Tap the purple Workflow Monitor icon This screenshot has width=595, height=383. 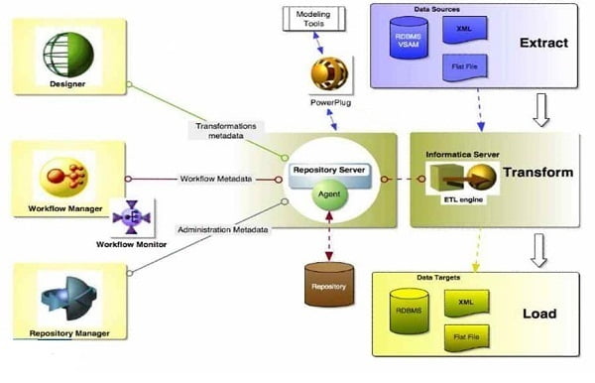pyautogui.click(x=129, y=217)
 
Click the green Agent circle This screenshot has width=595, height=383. pyautogui.click(x=328, y=195)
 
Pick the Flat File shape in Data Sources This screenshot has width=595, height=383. pyautogui.click(x=462, y=68)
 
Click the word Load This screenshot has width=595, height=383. pyautogui.click(x=537, y=314)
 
